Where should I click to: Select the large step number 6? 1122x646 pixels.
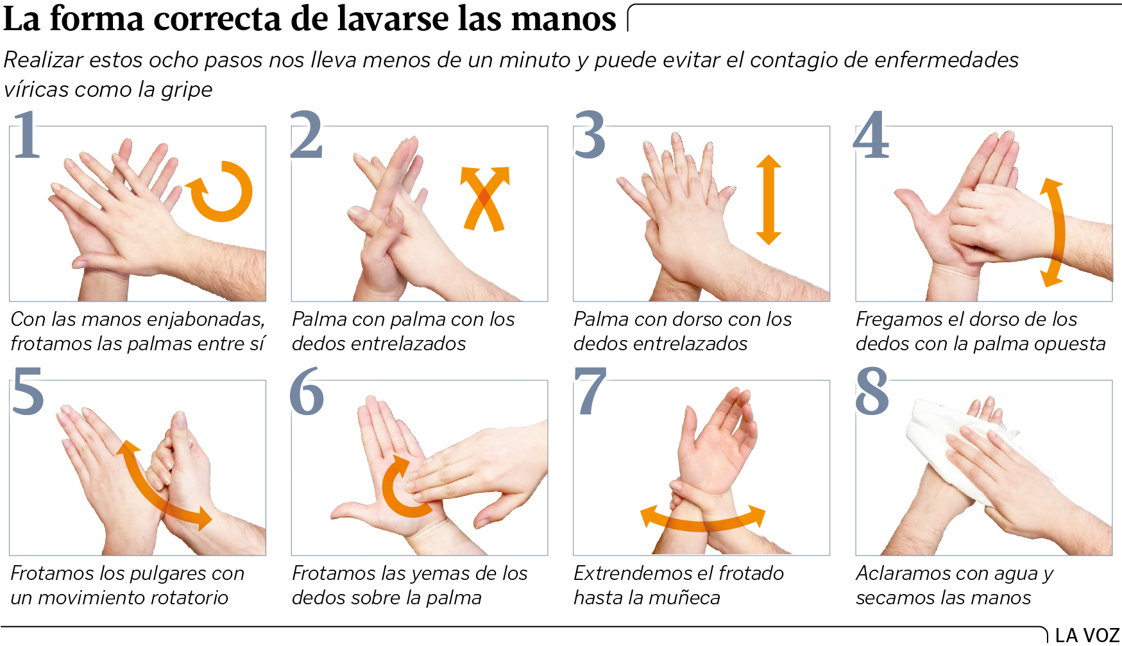(306, 391)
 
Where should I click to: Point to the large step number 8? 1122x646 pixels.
(872, 391)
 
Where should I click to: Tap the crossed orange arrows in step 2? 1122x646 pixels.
(485, 198)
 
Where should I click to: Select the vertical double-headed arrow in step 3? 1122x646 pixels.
(769, 200)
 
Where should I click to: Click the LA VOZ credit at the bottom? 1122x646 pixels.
(1087, 635)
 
